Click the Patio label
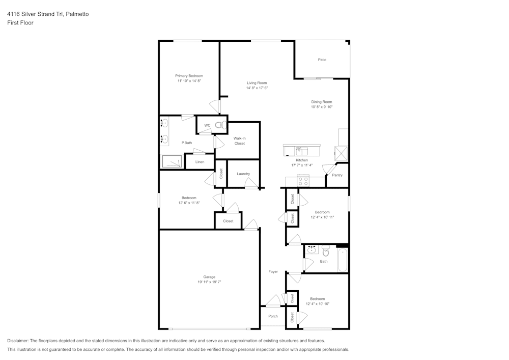coord(322,60)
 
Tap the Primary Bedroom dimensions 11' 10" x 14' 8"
coord(189,81)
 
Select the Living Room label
coord(257,83)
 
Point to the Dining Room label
coord(322,102)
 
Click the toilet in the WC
coord(219,125)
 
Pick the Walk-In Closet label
coord(240,141)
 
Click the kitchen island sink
coord(301,151)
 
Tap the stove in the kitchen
coord(303,180)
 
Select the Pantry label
coord(337,175)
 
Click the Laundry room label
coord(243,174)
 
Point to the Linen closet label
coord(200,162)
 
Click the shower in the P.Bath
coord(172,161)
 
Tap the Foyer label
coord(273,272)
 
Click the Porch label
coord(273,316)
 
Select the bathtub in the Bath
coord(343,260)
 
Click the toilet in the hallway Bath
coord(326,251)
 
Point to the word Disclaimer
coord(18,341)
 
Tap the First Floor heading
coord(20,23)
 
